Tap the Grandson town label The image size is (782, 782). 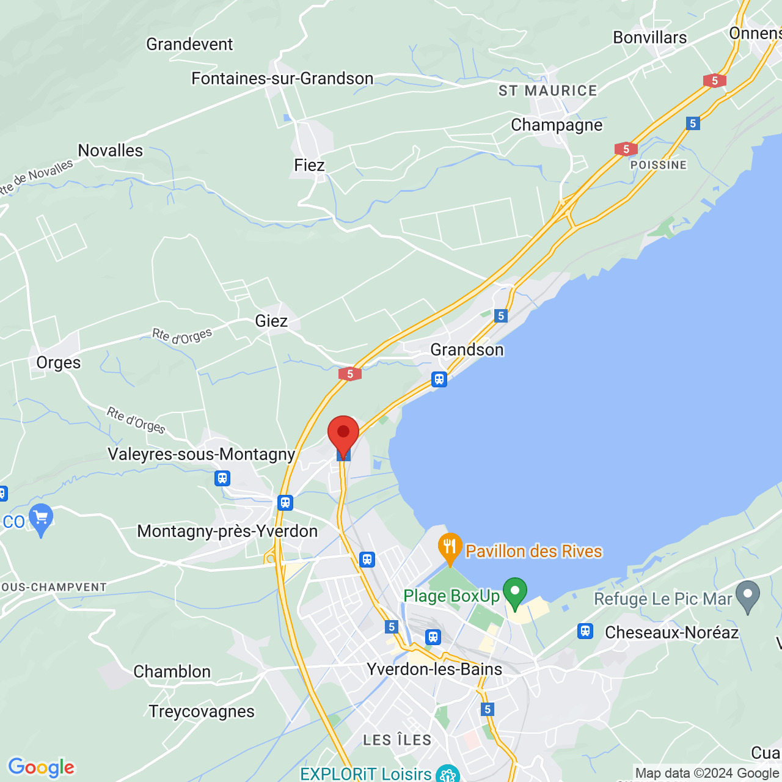[x=467, y=349]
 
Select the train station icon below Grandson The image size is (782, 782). [x=439, y=379]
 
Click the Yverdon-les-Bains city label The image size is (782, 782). [x=434, y=669]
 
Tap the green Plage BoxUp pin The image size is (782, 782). [x=515, y=592]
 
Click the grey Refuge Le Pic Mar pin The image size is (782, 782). [x=748, y=596]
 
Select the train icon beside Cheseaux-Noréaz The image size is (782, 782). [x=585, y=631]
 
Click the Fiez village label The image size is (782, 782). [x=309, y=165]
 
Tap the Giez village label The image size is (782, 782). [x=271, y=321]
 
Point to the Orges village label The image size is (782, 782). [x=59, y=362]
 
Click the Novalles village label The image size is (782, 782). [x=111, y=150]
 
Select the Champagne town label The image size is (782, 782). [x=557, y=125]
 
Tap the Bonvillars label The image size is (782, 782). [x=650, y=37]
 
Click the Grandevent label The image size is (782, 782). [x=189, y=44]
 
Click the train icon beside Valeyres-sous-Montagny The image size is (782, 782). [x=222, y=478]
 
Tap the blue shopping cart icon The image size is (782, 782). [x=41, y=518]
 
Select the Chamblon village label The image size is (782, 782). [x=172, y=671]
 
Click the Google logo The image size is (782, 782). [x=42, y=767]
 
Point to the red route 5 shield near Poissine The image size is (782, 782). [x=626, y=149]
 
